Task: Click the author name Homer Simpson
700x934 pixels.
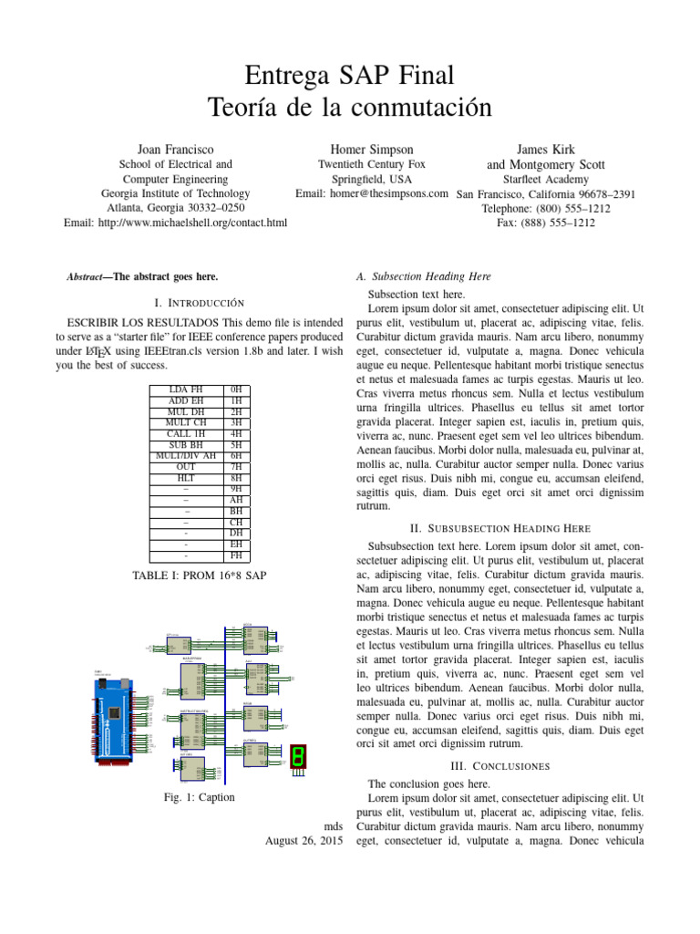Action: coord(372,149)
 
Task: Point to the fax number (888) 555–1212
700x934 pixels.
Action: coord(546,223)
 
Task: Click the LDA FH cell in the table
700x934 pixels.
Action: coord(186,389)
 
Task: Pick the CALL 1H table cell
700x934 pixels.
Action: coord(186,433)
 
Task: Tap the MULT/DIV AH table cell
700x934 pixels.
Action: coord(186,455)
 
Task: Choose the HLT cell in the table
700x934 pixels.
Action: coord(186,478)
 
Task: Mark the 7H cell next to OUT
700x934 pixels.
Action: coord(236,467)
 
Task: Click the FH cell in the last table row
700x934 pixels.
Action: coord(236,555)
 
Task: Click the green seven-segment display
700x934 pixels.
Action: coord(297,755)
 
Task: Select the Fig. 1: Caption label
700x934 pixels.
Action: coord(198,797)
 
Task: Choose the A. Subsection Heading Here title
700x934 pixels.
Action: coord(424,275)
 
